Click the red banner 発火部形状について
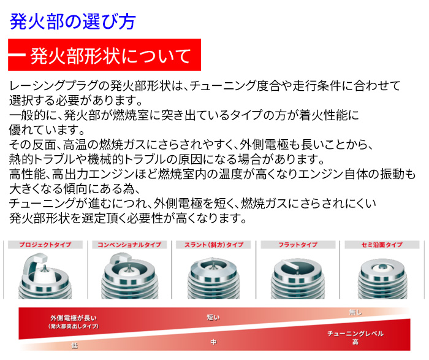[x=105, y=56]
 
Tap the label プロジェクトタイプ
[x=45, y=245]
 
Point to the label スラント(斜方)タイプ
[x=214, y=245]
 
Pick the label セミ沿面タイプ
[x=382, y=245]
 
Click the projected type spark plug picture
[x=45, y=274]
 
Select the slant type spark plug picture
[x=214, y=274]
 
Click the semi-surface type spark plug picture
[x=382, y=274]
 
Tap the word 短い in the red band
[x=213, y=317]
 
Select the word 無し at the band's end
[x=355, y=312]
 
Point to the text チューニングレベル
[x=355, y=334]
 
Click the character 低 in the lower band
[x=75, y=346]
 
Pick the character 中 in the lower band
[x=213, y=342]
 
